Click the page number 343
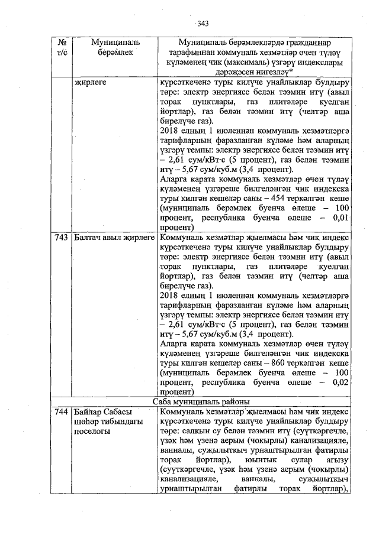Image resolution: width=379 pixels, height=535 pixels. [203, 24]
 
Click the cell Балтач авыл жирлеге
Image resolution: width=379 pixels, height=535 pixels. [112, 237]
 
